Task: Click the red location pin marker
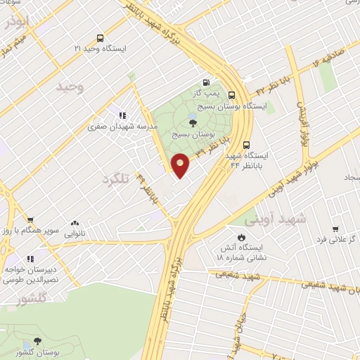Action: point(181,165)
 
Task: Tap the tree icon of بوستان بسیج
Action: point(193,123)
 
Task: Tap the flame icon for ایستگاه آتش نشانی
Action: point(241,238)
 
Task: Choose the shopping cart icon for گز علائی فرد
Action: point(335,229)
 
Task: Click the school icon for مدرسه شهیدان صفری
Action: point(121,115)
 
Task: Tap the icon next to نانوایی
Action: point(75,223)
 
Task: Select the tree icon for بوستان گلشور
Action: point(37,341)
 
